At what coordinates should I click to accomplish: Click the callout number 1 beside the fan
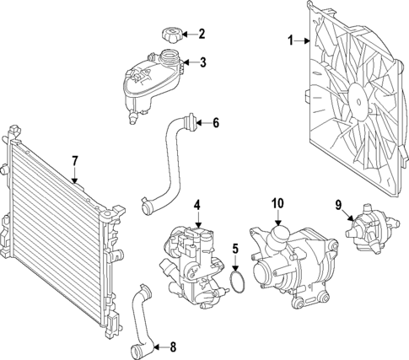(x=291, y=40)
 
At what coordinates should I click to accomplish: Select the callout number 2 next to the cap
(x=201, y=35)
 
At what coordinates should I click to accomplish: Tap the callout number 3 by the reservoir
(x=201, y=62)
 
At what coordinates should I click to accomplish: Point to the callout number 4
(x=197, y=204)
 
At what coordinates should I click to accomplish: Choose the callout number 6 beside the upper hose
(x=215, y=123)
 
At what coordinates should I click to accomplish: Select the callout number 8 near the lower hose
(x=173, y=346)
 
